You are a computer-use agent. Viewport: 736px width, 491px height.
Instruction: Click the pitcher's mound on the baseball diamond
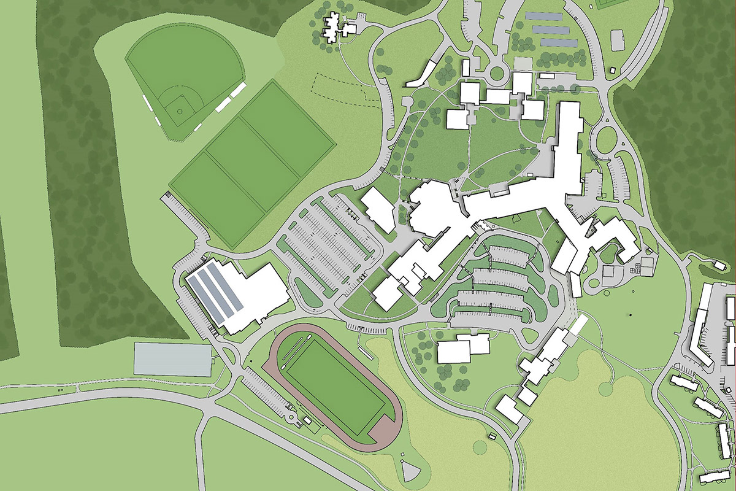pyautogui.click(x=179, y=111)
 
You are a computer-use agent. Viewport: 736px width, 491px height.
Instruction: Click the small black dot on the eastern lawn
pyautogui.click(x=630, y=316)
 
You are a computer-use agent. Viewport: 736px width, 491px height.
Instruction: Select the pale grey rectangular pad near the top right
pyautogui.click(x=618, y=42)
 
